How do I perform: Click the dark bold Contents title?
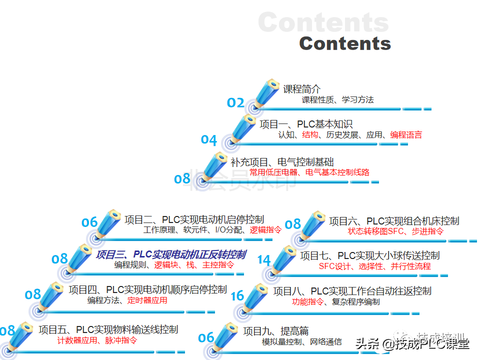tap(345, 43)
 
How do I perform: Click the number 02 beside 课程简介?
tap(235, 102)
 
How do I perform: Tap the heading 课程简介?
tap(302, 89)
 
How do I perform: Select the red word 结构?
tap(310, 134)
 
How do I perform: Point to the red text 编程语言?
tap(406, 134)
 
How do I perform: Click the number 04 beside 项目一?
tap(209, 140)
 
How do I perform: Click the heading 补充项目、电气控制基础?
tap(282, 162)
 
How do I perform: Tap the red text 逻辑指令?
tap(265, 230)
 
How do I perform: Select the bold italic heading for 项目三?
tap(170, 255)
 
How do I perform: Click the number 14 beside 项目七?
tap(264, 260)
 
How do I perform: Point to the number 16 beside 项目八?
tap(237, 296)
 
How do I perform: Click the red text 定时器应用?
tap(147, 300)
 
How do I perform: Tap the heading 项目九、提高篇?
tap(275, 330)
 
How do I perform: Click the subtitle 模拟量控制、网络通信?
tap(302, 341)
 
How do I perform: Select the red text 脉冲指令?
tap(121, 340)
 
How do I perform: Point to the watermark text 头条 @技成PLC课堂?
tap(412, 343)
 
